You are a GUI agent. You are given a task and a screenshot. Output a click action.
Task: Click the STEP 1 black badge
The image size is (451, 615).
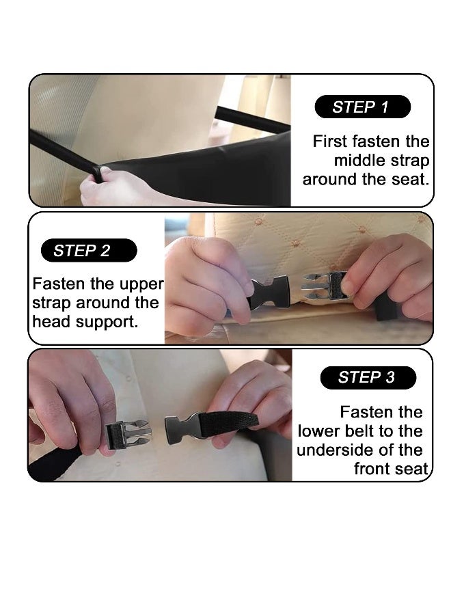point(362,107)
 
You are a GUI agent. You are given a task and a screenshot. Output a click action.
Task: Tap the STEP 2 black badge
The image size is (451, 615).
point(89,250)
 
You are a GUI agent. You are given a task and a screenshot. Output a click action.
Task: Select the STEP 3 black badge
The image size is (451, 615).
point(368,377)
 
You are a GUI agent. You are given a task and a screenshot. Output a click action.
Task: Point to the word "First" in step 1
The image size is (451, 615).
point(330,141)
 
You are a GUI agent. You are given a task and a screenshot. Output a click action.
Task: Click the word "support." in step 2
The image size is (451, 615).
point(107,323)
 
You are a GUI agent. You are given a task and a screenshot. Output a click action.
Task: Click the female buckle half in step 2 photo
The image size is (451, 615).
point(269,292)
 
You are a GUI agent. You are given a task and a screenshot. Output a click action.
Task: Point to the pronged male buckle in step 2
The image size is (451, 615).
point(324,286)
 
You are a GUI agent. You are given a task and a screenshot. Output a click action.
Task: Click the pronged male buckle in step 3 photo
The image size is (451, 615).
point(128,434)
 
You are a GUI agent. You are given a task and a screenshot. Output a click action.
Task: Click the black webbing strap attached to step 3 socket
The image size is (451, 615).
point(229,423)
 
